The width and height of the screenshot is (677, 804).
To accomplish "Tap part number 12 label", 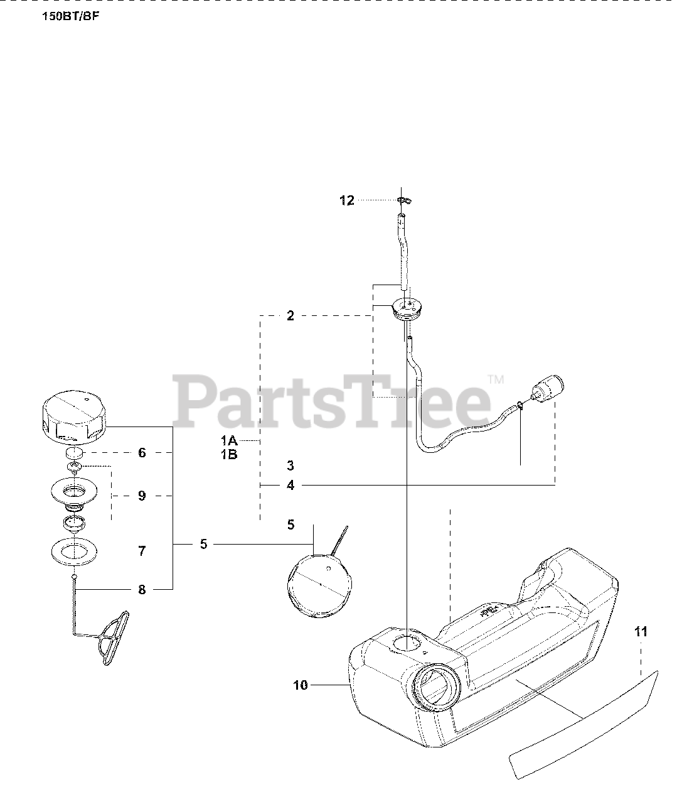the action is click(x=347, y=200).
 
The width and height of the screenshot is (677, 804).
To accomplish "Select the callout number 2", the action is click(x=291, y=316).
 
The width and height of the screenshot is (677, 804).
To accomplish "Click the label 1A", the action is click(x=228, y=441).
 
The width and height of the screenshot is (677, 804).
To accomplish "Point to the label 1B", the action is click(x=228, y=455).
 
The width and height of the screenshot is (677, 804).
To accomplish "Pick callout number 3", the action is click(x=291, y=466).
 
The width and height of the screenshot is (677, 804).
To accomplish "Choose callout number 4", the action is click(x=291, y=485).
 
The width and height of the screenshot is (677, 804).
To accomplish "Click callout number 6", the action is click(x=142, y=452).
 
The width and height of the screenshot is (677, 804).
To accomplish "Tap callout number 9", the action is click(x=142, y=496).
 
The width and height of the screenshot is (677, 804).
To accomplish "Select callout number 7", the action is click(x=142, y=551).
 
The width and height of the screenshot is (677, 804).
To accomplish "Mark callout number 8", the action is click(x=142, y=589).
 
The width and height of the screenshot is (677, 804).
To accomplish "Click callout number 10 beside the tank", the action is click(x=301, y=685).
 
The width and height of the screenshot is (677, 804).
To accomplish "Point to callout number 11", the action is click(x=641, y=632).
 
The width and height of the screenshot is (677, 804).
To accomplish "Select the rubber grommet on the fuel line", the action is click(x=406, y=308).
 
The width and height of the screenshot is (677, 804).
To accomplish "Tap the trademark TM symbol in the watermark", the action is click(x=496, y=379).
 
